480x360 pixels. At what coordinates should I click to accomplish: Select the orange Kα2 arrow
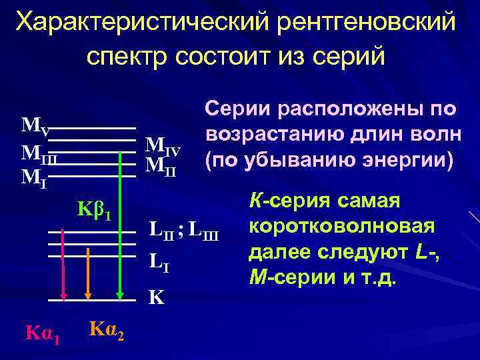87,263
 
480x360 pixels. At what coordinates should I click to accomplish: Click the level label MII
160,163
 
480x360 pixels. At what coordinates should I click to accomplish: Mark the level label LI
158,258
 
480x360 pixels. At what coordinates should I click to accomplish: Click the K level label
156,295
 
